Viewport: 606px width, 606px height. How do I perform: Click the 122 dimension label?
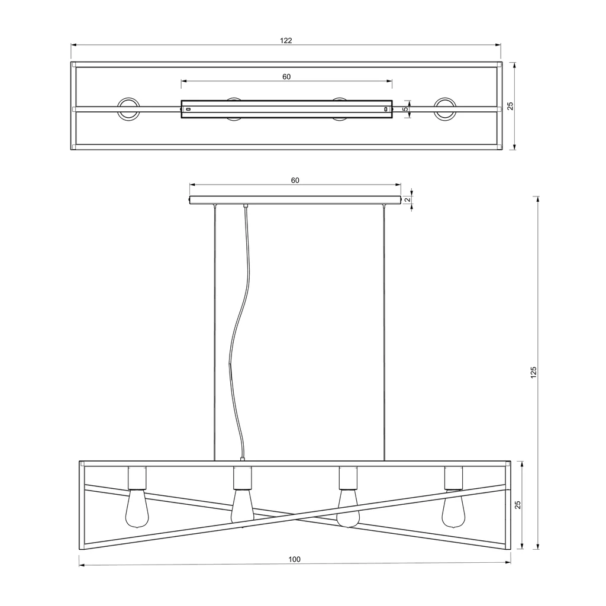point(286,41)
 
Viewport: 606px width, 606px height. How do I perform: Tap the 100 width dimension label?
point(295,559)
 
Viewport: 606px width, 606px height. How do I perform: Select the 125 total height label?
point(534,373)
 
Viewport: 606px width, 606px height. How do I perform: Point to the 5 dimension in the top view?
point(405,109)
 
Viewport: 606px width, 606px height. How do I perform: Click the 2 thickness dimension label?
point(407,200)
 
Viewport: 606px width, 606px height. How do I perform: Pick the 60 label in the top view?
point(286,77)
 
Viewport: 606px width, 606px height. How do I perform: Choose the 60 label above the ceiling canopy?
point(295,180)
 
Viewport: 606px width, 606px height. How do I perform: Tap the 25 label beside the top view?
point(510,106)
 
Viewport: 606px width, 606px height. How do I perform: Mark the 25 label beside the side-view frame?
point(518,505)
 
